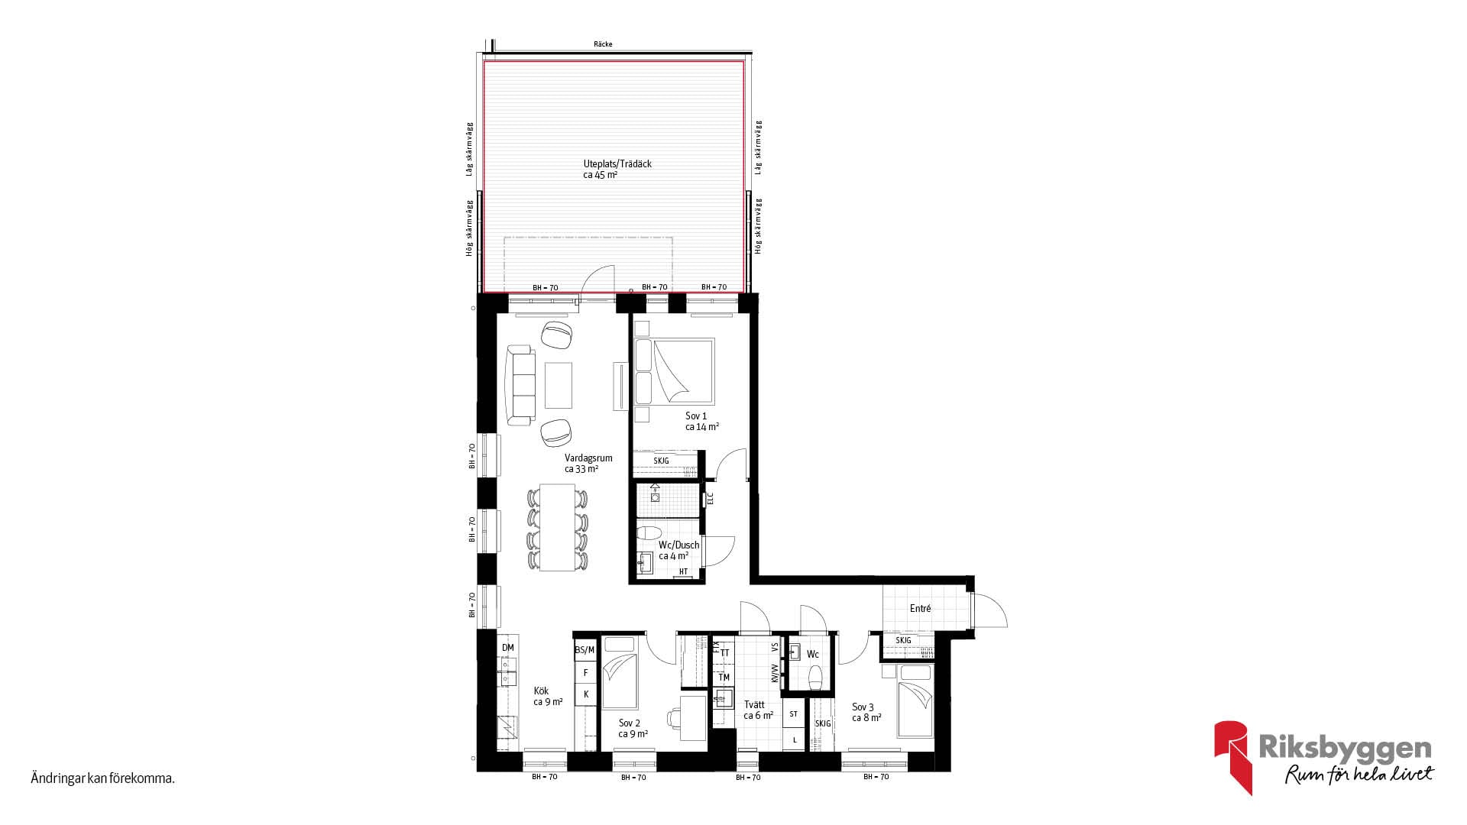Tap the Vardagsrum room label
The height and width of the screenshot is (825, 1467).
(588, 458)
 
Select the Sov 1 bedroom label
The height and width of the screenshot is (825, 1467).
(696, 416)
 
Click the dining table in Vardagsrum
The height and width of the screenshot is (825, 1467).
(558, 527)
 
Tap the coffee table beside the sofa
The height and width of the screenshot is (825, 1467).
(559, 384)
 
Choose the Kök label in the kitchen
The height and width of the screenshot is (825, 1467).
(541, 691)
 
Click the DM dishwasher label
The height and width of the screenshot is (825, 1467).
(508, 648)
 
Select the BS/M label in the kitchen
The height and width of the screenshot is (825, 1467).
(585, 650)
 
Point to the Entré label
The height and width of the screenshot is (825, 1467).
(921, 609)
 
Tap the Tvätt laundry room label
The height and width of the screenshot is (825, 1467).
(753, 705)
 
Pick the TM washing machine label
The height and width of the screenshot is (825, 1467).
(724, 678)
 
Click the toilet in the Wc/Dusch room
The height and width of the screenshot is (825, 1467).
(651, 532)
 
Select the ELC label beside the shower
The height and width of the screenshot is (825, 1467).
(710, 498)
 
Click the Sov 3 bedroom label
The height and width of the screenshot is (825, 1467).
(863, 707)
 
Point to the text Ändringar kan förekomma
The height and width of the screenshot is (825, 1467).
(103, 779)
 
